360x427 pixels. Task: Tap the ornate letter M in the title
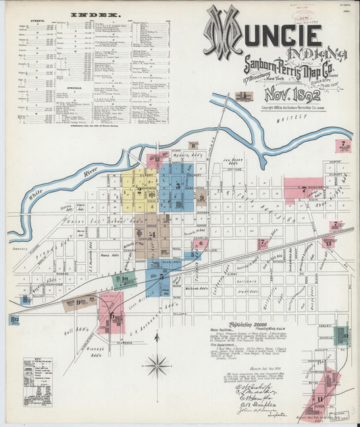(x=223, y=32)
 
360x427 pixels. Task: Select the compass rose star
(x=157, y=366)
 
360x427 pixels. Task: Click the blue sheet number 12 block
(x=14, y=320)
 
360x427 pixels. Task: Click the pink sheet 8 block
(x=193, y=145)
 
